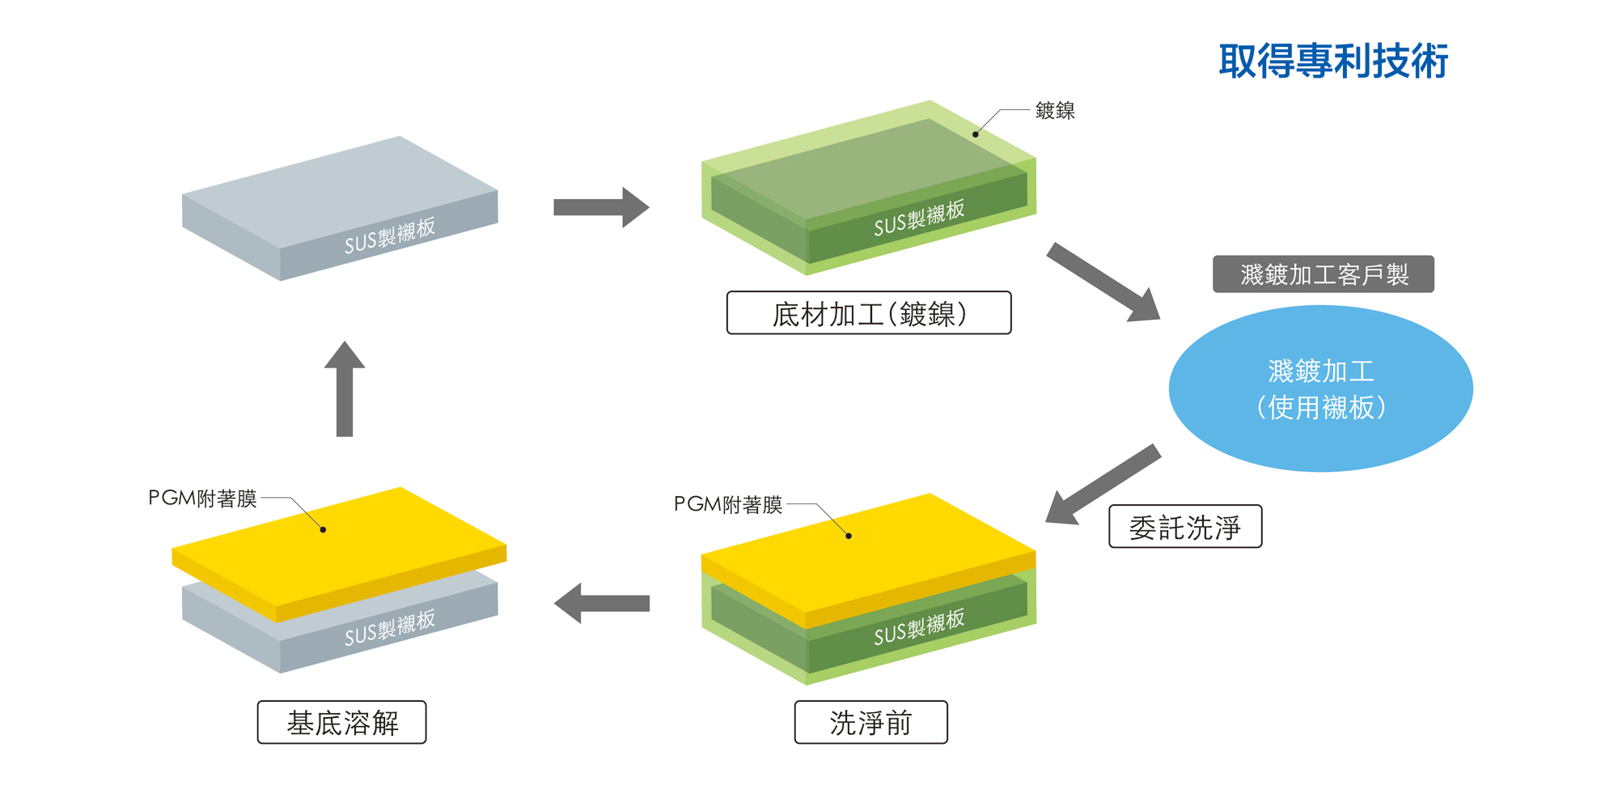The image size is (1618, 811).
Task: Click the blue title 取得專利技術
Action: pos(1332,62)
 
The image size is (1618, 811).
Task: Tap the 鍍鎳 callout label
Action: pos(1055,111)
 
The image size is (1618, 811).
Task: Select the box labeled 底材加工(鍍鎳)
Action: pos(869,313)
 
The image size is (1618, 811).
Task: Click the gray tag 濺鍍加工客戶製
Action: pos(1323,274)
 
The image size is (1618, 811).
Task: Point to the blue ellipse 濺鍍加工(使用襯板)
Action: pos(1320,389)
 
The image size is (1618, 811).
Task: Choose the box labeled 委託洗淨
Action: pos(1184,527)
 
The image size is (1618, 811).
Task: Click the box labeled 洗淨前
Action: pos(870,722)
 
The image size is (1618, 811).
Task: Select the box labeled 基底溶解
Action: pos(341,722)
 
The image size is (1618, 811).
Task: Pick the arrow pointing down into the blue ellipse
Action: pos(1104,282)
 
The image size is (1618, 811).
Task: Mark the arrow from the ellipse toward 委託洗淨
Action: pos(1102,484)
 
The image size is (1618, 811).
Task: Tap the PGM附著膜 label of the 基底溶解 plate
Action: pos(202,498)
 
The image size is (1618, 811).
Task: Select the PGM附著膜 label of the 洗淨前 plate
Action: pos(728,504)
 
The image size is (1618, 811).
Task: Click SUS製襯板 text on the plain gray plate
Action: pos(390,235)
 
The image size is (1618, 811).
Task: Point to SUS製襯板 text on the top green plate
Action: pos(919,218)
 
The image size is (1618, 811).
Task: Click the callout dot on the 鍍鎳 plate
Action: pos(975,134)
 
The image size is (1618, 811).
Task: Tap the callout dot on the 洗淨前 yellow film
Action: pos(849,536)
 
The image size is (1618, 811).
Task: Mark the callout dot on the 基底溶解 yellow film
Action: pos(323,529)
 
